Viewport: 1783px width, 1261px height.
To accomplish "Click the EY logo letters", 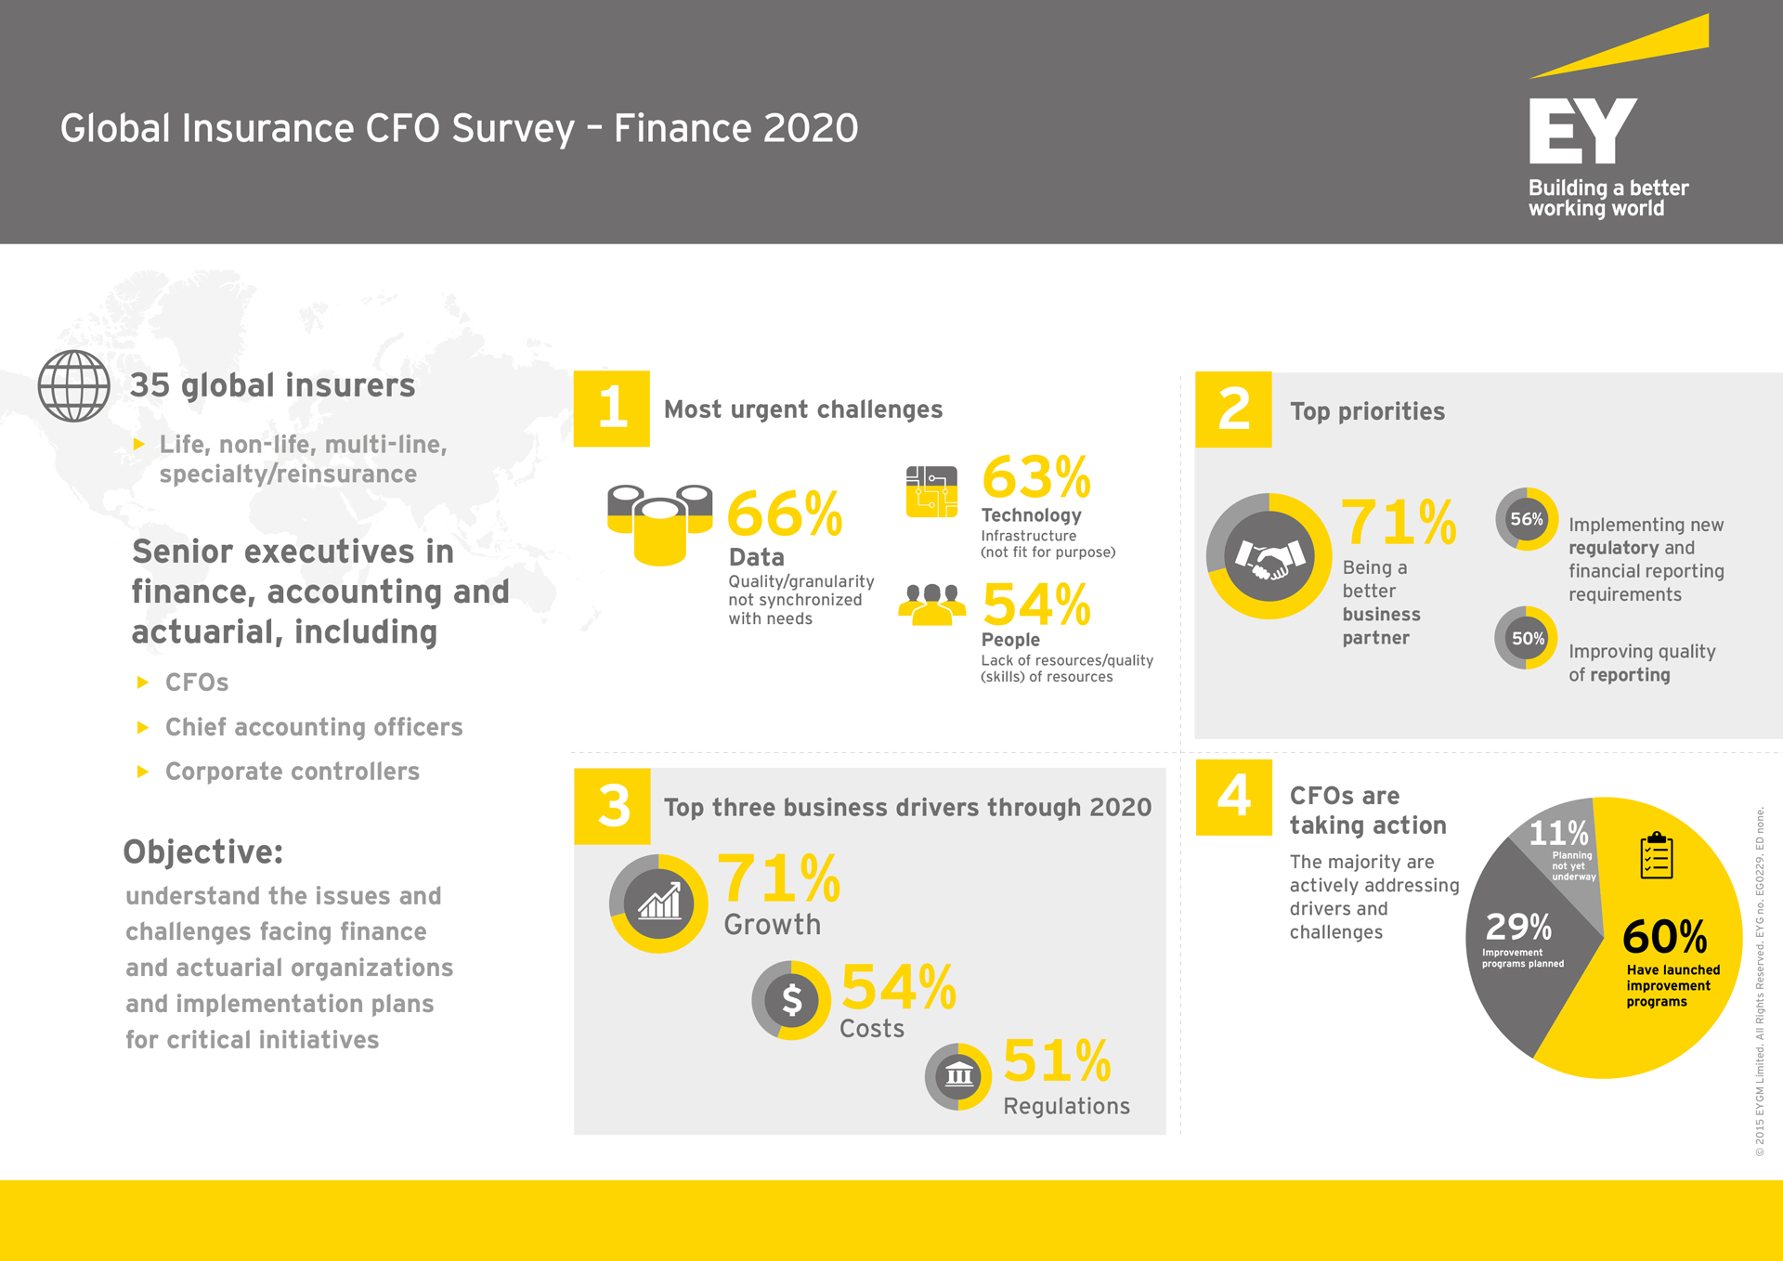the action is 1582,131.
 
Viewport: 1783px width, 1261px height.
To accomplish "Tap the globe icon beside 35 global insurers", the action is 74,386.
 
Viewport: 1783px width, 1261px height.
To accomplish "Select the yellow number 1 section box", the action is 611,409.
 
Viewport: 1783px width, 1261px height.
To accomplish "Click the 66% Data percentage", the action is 784,513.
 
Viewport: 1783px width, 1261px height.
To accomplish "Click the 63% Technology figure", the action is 1036,477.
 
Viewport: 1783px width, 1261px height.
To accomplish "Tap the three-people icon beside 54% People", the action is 931,604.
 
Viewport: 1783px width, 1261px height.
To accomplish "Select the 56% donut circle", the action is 1527,519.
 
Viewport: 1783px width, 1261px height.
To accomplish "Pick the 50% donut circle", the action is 1527,638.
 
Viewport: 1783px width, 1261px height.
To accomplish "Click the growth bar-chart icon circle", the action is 658,903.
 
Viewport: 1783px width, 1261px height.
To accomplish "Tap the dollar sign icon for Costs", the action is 791,1000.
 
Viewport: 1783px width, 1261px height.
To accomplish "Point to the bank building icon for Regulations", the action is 958,1077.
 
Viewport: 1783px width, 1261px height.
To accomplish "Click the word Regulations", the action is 1067,1106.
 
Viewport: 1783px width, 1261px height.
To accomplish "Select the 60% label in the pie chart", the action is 1665,937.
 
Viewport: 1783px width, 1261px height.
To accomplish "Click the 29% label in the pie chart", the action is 1518,927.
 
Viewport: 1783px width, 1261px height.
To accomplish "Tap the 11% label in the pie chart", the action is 1559,833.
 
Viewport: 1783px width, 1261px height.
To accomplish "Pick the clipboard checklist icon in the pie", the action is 1657,855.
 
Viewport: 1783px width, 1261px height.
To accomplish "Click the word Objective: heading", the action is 203,851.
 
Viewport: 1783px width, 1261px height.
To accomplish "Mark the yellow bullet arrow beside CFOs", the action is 143,682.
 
